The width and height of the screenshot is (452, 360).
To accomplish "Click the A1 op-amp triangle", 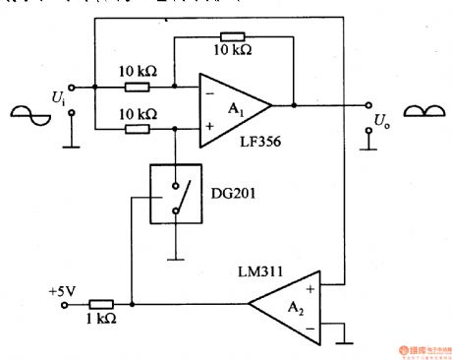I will tap(231, 103).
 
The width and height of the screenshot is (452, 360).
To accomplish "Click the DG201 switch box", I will tap(175, 199).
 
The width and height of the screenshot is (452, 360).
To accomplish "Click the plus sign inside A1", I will tap(208, 123).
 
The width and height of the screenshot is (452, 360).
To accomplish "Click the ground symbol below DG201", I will tap(175, 257).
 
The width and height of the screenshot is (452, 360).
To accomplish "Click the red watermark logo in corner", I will tap(410, 349).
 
